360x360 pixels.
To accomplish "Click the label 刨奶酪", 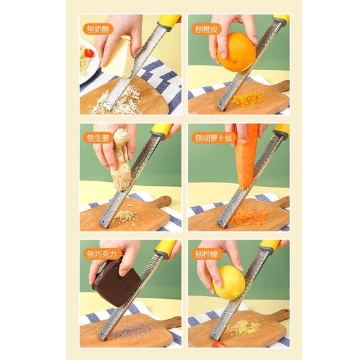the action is (x=98, y=29).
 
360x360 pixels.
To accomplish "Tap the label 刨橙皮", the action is (x=207, y=29).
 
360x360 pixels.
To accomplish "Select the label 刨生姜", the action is (x=98, y=138).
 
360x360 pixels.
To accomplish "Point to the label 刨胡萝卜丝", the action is (x=214, y=138).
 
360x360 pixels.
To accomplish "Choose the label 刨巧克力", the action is (x=102, y=254).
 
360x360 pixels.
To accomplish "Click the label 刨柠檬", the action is (x=207, y=254).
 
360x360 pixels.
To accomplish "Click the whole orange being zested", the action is (x=237, y=52).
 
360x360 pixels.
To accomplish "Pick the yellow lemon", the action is (x=229, y=282).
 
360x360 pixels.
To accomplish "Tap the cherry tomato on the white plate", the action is (x=89, y=53).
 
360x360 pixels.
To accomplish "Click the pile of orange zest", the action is (x=248, y=98).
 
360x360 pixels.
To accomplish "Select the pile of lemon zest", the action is (x=244, y=326).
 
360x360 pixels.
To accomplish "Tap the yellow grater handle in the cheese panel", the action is (x=169, y=23).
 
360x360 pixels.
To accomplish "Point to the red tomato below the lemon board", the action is (x=218, y=344).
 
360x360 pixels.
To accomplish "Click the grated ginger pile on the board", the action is (x=126, y=216).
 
